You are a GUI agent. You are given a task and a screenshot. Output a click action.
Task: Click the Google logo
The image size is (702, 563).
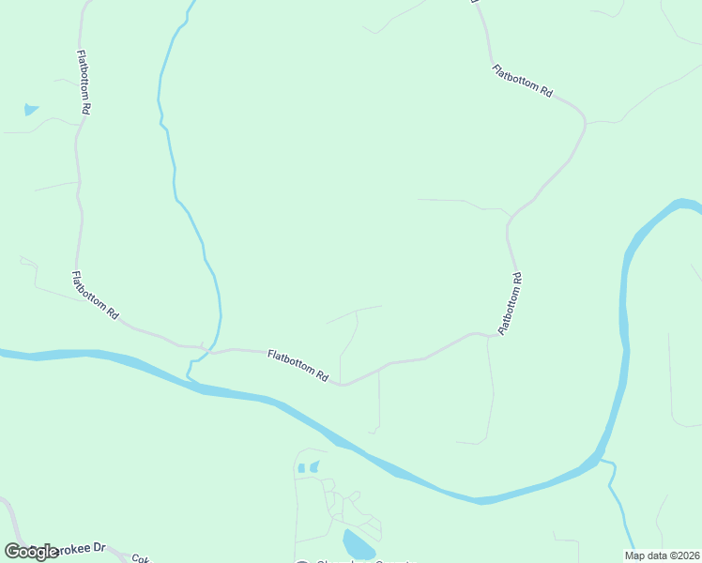pos(30,551)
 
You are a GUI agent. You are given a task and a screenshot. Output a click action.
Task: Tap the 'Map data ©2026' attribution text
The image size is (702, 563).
pos(662,555)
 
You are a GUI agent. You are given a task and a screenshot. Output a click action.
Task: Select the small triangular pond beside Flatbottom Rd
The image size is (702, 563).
pos(31,110)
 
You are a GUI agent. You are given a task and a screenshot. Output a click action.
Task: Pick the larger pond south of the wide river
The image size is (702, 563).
pos(357,543)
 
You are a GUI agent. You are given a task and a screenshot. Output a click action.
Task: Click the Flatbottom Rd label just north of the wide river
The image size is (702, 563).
pos(298,365)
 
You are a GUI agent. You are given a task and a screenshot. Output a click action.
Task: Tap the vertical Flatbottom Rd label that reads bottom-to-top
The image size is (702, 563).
pos(510,303)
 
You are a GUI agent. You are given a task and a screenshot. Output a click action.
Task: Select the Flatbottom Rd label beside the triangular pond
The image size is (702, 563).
pos(84,82)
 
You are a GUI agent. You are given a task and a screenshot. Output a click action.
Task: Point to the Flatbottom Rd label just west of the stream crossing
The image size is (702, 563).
pos(96,295)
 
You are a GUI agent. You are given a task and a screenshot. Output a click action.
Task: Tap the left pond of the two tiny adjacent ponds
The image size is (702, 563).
pos(300,467)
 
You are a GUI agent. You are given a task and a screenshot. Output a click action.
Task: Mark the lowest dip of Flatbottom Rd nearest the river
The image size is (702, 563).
pos(343,384)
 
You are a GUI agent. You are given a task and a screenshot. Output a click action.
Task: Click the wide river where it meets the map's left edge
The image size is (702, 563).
pos(5,354)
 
